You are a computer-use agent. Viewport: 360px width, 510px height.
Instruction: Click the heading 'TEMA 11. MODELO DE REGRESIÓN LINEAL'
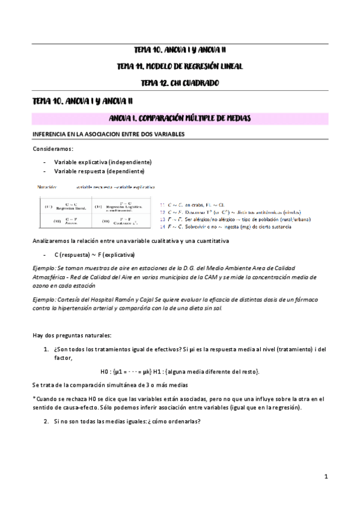tap(180, 66)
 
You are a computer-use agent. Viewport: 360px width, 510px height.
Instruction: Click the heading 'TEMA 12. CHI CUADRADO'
tap(180, 82)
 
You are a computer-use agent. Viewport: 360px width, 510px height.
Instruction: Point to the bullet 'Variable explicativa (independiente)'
tap(103, 162)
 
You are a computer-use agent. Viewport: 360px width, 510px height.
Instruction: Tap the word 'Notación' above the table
tap(49, 187)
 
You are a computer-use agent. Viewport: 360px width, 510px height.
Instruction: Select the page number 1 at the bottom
tap(325, 477)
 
